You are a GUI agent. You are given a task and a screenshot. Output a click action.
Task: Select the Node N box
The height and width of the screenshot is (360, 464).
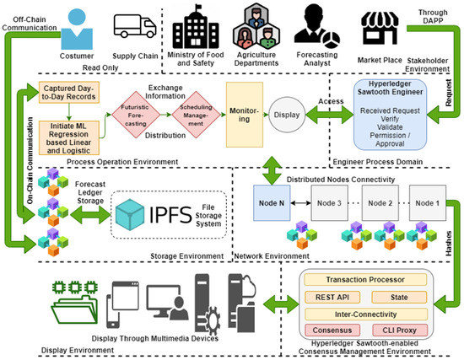click(x=272, y=201)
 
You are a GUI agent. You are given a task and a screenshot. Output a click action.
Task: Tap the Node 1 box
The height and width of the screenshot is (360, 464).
click(x=428, y=201)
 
